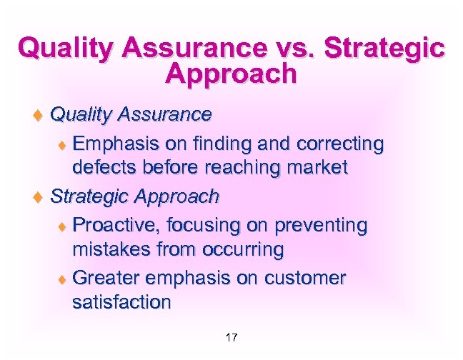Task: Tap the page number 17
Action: tap(231, 338)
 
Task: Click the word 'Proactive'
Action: tap(116, 226)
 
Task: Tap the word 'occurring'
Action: tap(244, 250)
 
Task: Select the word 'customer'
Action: tap(304, 277)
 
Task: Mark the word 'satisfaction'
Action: tap(121, 302)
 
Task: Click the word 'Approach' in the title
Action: tap(230, 74)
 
